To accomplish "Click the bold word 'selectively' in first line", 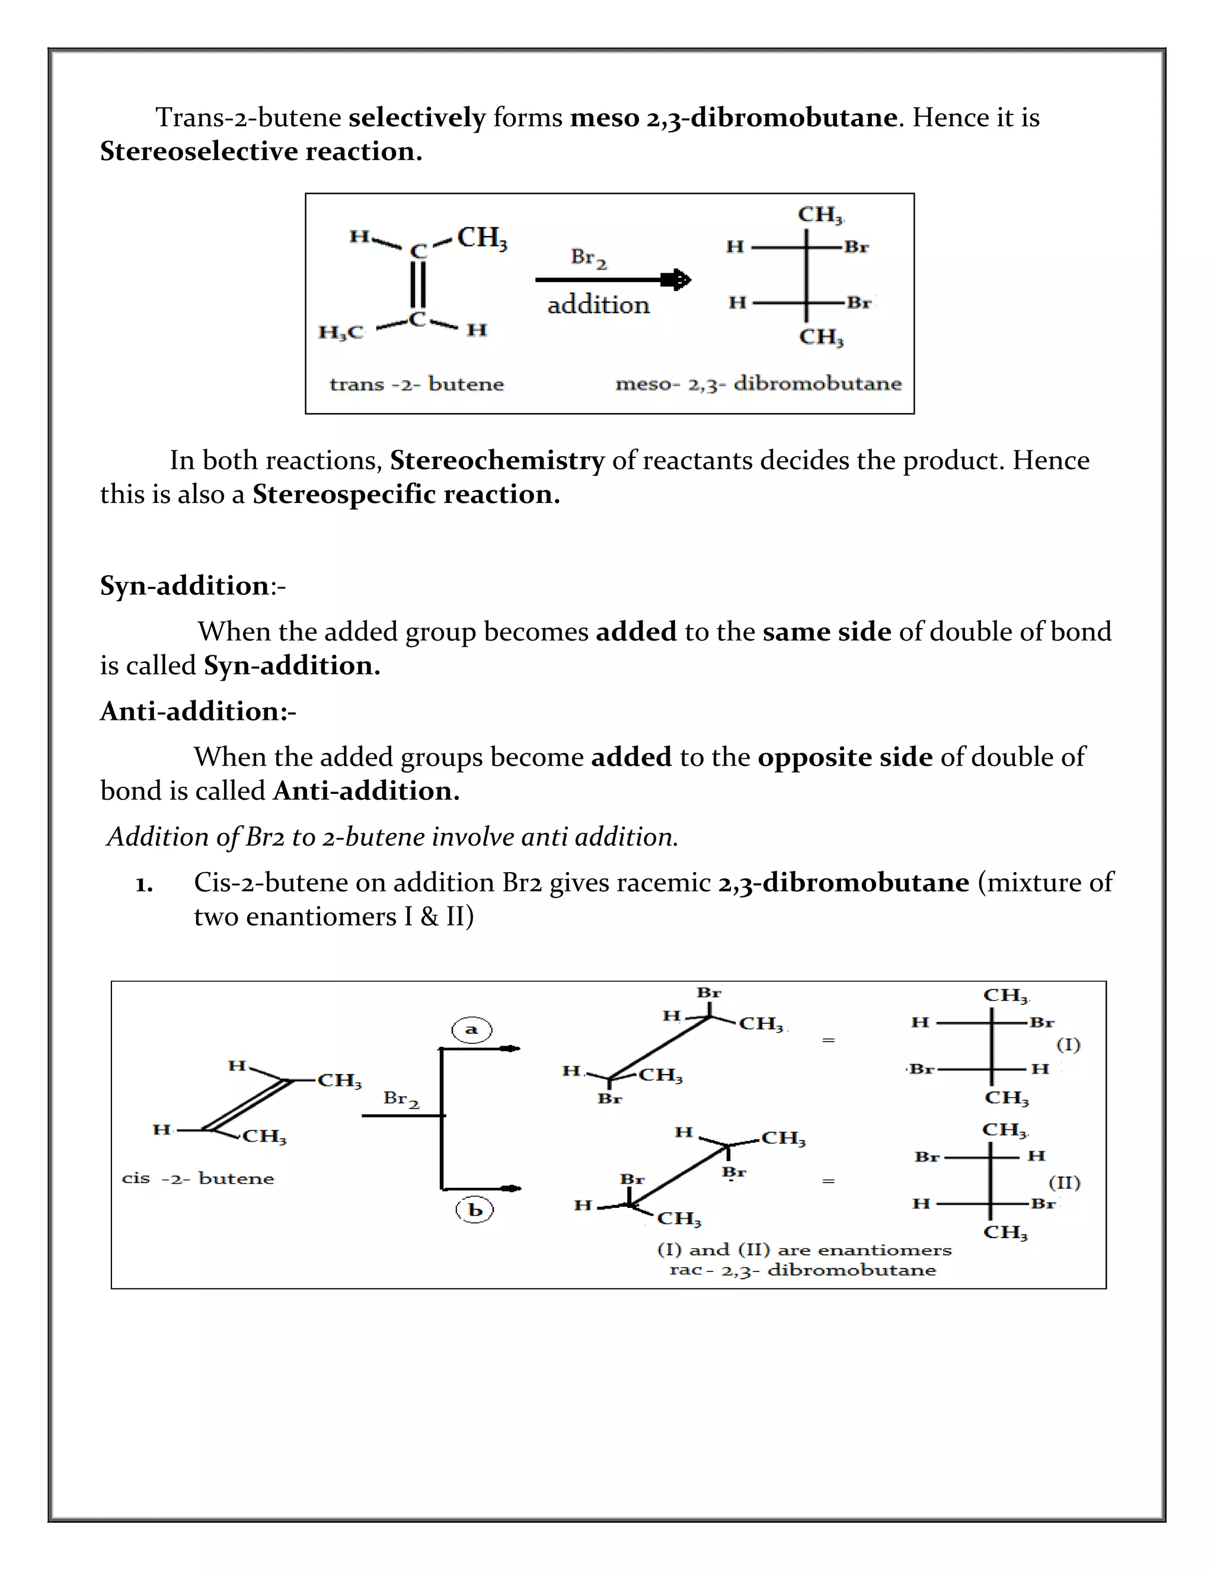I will pos(417,117).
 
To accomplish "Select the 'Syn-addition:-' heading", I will pos(192,585).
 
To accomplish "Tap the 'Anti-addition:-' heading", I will pos(198,711).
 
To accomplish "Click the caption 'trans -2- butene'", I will pos(416,384).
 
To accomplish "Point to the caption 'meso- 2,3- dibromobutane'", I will pos(758,384).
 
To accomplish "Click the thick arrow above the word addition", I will pos(612,280).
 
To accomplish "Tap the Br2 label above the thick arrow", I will pos(588,257).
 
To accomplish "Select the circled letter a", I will pos(472,1030).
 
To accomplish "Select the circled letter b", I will pos(475,1210).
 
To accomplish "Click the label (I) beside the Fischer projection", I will pos(1068,1044).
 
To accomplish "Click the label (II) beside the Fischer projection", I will pos(1065,1183).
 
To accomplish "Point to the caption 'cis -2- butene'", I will pos(198,1178).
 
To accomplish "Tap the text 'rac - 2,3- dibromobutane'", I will pos(802,1270).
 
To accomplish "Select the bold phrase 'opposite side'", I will pos(845,757).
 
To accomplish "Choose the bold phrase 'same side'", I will pos(826,631).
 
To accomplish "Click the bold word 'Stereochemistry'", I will pos(497,460).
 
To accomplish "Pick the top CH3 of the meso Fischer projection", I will pos(820,215).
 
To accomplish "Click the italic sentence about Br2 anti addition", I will pos(392,837).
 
